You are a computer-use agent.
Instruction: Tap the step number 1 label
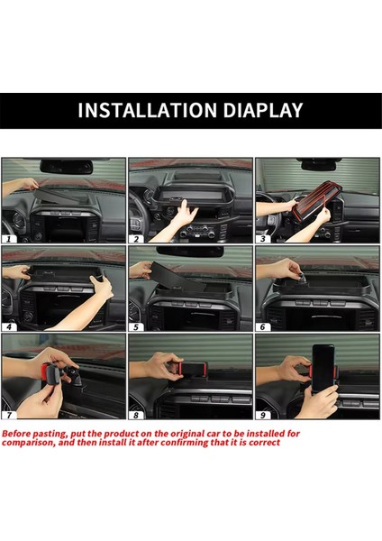[x=10, y=239]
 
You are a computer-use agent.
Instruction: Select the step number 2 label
[x=137, y=239]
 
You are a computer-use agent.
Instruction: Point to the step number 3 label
[x=264, y=239]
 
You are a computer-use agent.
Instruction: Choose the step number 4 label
[x=10, y=326]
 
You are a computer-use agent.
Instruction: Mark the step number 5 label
[x=137, y=326]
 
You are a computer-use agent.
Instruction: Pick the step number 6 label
[x=264, y=326]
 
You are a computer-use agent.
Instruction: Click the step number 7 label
[x=10, y=415]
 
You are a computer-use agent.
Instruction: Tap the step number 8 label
[x=137, y=415]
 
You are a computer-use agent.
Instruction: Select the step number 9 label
[x=264, y=415]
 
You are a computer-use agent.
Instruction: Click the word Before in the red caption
[x=21, y=433]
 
